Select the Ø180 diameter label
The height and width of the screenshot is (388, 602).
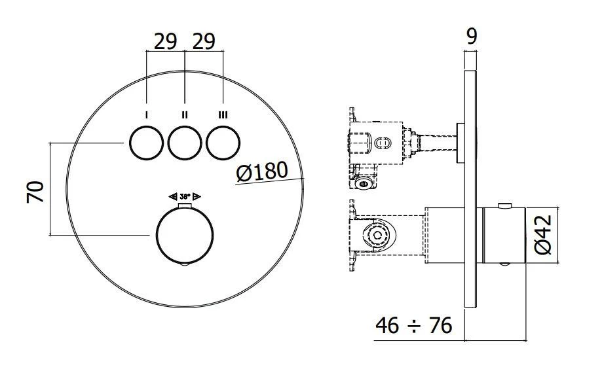[x=261, y=173]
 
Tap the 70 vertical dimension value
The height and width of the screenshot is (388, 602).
[x=35, y=191]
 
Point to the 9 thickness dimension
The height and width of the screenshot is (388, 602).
[x=470, y=37]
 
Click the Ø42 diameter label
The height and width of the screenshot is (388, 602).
[x=544, y=235]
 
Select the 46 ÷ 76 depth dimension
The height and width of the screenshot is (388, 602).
[x=414, y=325]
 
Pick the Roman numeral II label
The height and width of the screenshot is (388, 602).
[x=185, y=115]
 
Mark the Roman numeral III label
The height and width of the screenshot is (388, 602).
[x=223, y=115]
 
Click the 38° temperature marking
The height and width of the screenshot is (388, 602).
[x=185, y=196]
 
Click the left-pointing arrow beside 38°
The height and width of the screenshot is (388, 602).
[x=173, y=196]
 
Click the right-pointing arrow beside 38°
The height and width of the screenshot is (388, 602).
[x=197, y=196]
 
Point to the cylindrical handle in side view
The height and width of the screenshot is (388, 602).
[x=503, y=235]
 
